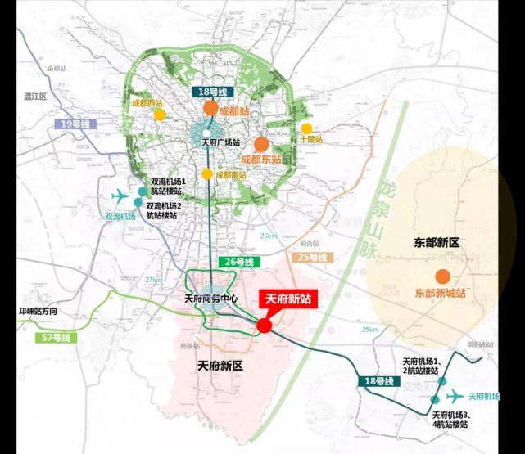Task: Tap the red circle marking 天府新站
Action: (264, 326)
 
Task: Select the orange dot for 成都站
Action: (210, 108)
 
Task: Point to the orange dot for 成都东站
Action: (261, 144)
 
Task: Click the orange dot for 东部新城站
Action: (442, 276)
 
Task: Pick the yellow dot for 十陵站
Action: (306, 128)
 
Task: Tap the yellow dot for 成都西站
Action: (160, 115)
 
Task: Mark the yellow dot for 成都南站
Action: (208, 174)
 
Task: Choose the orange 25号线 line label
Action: (312, 258)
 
